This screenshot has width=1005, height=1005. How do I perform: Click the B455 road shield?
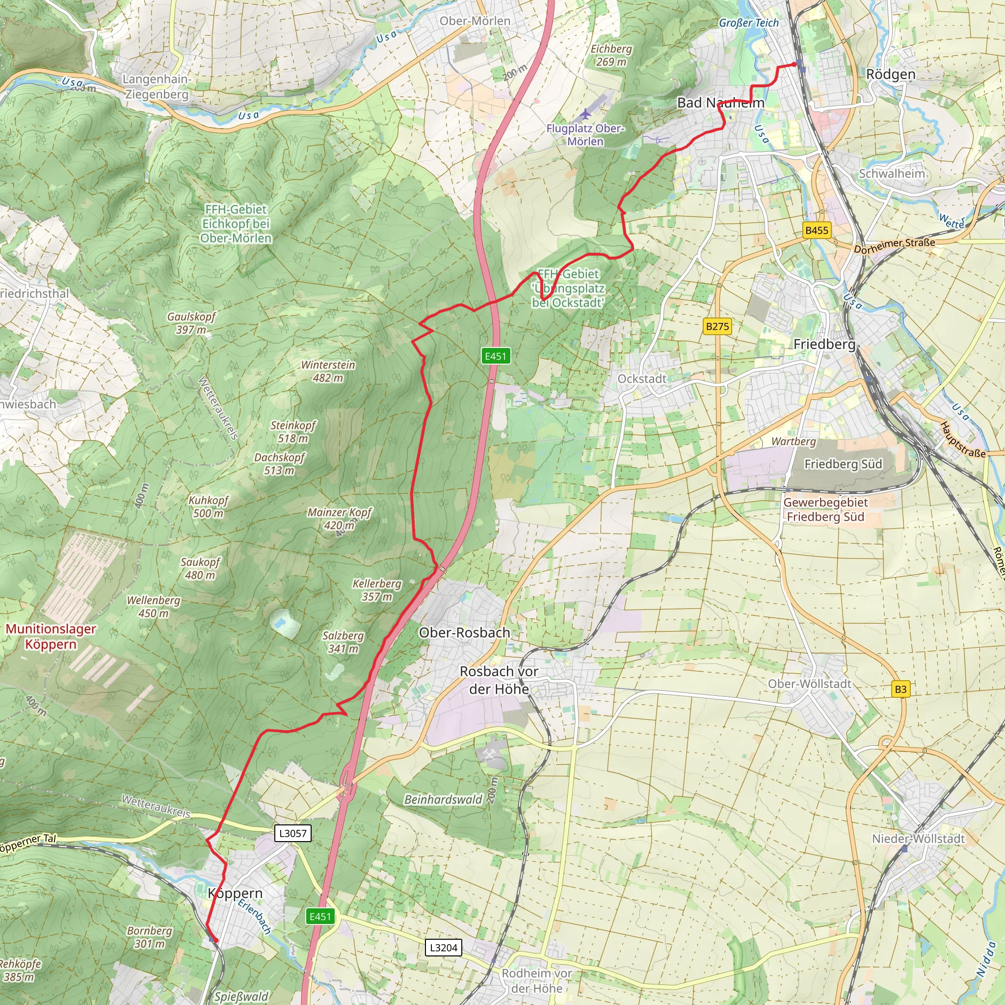click(816, 231)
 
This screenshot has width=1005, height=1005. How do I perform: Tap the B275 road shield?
click(717, 327)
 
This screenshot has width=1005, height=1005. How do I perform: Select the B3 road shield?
click(900, 689)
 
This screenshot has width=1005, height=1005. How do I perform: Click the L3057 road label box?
click(293, 833)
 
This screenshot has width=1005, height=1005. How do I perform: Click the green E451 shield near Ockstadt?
click(495, 356)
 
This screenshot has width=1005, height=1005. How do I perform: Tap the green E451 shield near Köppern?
click(320, 917)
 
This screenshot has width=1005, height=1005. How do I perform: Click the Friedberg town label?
click(824, 344)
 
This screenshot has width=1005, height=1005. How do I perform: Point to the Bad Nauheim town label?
click(720, 103)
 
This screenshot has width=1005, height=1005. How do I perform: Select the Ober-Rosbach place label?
click(465, 633)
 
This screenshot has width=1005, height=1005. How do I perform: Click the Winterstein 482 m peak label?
click(328, 371)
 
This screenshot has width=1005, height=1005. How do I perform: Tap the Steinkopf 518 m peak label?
click(293, 432)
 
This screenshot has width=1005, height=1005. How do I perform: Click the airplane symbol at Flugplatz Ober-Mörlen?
click(586, 114)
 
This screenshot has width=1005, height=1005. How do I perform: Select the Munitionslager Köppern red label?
click(51, 636)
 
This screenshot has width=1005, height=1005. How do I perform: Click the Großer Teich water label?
click(748, 23)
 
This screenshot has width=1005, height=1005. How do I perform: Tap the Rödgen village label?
click(891, 75)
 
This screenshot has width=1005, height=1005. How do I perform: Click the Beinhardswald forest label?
click(443, 799)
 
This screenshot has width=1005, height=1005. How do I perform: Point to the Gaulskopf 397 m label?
click(191, 323)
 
